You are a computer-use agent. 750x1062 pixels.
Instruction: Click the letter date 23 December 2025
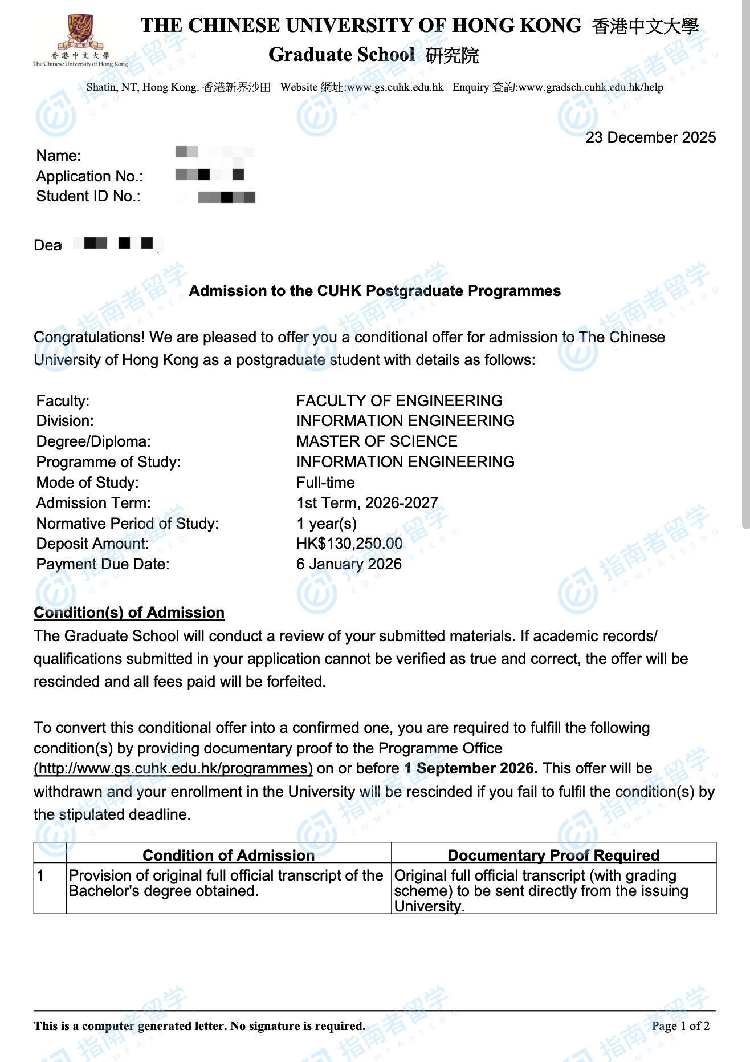(650, 137)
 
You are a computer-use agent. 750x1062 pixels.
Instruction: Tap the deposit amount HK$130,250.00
(349, 544)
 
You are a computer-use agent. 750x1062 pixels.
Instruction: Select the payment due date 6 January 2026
(349, 564)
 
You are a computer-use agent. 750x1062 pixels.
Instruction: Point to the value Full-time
(325, 483)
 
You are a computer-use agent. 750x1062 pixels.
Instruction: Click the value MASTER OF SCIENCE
(377, 441)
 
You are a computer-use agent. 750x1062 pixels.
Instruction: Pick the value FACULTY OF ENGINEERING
(399, 400)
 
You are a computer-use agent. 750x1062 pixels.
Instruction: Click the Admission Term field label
(93, 503)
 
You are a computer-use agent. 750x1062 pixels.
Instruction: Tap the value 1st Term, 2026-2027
(367, 503)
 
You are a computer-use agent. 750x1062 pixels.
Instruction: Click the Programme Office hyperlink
(173, 768)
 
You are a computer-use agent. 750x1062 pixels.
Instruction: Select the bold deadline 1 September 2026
(471, 768)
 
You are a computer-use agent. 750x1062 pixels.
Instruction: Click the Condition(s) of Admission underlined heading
(129, 613)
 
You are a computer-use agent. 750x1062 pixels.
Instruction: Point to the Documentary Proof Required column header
(553, 855)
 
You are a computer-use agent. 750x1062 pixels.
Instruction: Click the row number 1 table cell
(41, 875)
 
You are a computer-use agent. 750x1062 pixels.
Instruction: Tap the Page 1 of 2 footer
(680, 1026)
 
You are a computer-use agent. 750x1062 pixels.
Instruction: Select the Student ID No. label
(88, 196)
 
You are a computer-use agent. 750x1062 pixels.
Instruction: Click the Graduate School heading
(341, 55)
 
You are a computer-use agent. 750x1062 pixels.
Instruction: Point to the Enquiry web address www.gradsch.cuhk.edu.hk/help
(590, 87)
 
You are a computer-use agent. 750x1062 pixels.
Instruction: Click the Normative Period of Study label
(128, 524)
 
